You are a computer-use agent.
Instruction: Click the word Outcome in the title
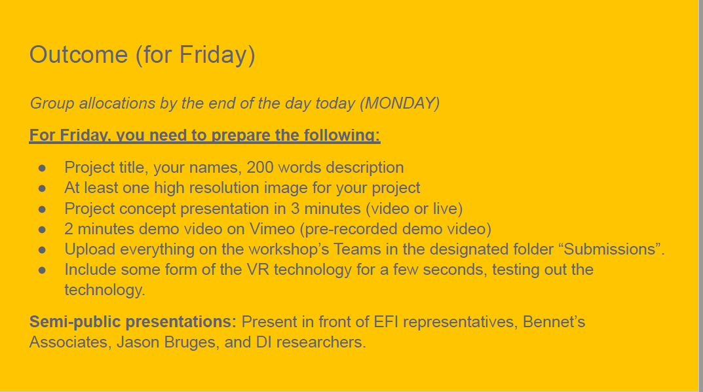coord(79,55)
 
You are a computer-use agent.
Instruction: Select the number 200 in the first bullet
coord(260,167)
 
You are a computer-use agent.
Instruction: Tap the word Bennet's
coord(554,322)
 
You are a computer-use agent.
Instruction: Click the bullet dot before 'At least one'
coord(42,188)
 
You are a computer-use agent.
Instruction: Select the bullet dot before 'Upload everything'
coord(42,249)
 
